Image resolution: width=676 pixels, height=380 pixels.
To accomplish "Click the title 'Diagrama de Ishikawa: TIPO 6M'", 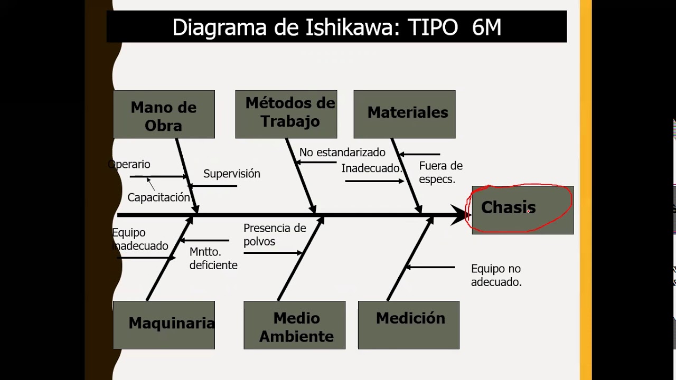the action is point(336,27).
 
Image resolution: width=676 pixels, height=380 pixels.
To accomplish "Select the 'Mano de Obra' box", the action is point(164,115).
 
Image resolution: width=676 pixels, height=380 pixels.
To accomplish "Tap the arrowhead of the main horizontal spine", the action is point(459,215).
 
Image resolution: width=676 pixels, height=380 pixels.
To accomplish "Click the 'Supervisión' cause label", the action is point(231,174).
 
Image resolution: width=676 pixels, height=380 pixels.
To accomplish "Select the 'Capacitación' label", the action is point(158,197).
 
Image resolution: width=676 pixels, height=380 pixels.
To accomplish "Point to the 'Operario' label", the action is point(130,165).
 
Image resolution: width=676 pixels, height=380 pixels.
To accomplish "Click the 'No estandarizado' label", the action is point(342,153).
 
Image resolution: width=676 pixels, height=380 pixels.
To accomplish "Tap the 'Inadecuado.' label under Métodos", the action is point(371,168).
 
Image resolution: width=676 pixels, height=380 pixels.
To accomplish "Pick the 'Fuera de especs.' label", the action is point(440,173).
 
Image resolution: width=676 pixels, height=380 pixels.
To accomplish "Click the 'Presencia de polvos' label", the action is point(275,235).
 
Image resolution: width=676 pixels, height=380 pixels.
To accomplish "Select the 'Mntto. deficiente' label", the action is point(213,259).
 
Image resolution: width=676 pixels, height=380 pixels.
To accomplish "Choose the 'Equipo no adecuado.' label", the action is point(496,275).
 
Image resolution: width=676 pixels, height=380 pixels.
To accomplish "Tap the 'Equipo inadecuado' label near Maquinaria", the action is point(140,240).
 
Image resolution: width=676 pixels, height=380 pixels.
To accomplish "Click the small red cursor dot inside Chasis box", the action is point(528,212).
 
